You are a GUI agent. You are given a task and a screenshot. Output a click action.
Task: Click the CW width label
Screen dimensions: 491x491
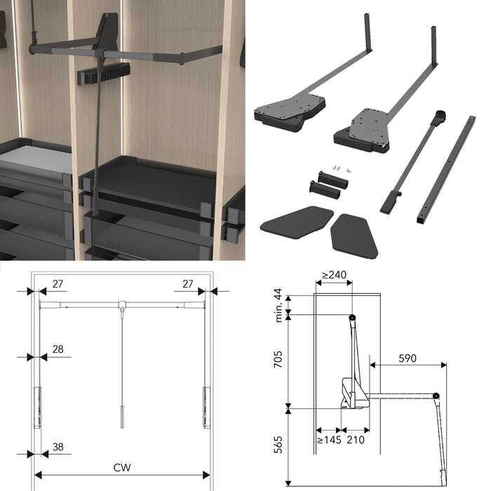pyautogui.click(x=122, y=468)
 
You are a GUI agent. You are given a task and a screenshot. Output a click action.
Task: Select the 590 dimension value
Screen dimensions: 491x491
pyautogui.click(x=408, y=358)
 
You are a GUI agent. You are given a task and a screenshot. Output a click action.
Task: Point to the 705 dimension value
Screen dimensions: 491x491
pyautogui.click(x=278, y=359)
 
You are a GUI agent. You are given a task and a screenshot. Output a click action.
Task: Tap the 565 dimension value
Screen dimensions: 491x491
pyautogui.click(x=278, y=444)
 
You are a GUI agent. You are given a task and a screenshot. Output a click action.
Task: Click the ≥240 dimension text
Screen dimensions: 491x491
pyautogui.click(x=334, y=275)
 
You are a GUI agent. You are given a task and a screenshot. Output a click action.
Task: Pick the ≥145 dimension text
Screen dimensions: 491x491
pyautogui.click(x=329, y=440)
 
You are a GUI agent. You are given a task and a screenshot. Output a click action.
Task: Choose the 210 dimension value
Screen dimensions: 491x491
pyautogui.click(x=356, y=440)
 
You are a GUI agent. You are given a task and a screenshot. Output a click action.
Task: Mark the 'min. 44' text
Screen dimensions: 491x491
pyautogui.click(x=278, y=305)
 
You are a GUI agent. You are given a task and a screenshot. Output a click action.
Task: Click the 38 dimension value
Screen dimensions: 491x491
pyautogui.click(x=58, y=447)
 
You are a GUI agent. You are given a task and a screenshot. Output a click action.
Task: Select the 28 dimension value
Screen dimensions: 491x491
pyautogui.click(x=58, y=349)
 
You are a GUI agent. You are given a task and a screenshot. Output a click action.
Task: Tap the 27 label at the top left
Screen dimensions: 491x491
pyautogui.click(x=58, y=283)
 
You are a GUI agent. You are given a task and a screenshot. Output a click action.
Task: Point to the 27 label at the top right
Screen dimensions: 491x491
pyautogui.click(x=187, y=283)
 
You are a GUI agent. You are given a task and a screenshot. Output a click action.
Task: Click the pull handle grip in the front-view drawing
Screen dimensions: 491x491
pyautogui.click(x=123, y=417)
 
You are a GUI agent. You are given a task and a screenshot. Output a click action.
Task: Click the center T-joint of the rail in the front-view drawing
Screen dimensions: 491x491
pyautogui.click(x=122, y=304)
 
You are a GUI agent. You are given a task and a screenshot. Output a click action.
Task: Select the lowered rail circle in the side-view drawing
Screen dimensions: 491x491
pyautogui.click(x=436, y=396)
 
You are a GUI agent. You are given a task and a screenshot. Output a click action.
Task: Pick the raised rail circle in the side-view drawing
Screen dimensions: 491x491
pyautogui.click(x=352, y=317)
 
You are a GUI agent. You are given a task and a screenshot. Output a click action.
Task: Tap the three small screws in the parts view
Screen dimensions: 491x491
pyautogui.click(x=341, y=169)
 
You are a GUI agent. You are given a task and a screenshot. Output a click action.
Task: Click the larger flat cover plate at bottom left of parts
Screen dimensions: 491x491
pyautogui.click(x=296, y=222)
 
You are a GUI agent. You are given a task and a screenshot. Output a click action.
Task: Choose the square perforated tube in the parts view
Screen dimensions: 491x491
pyautogui.click(x=447, y=169)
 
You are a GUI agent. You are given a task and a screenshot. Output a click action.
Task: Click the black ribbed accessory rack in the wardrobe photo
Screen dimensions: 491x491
pyautogui.click(x=103, y=74)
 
